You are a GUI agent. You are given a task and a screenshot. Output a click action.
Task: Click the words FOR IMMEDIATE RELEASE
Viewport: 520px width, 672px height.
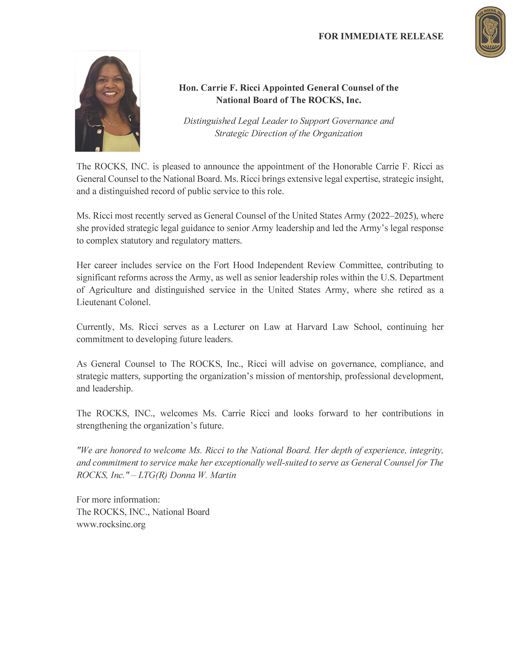[x=381, y=36]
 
